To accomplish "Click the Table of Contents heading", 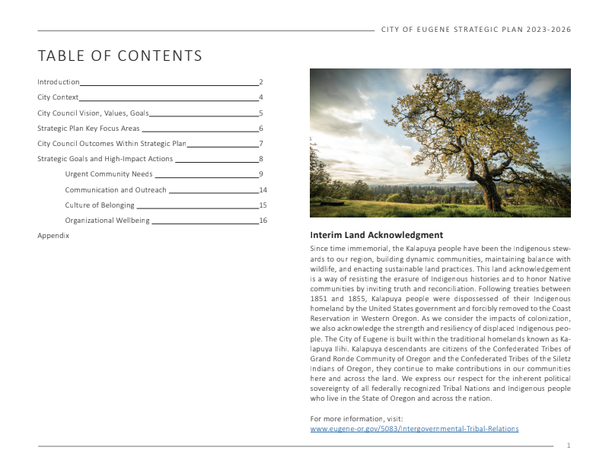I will tap(120, 56).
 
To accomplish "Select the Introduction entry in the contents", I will tap(59, 82).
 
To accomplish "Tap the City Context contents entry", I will tap(58, 97).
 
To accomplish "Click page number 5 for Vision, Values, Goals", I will tap(260, 113).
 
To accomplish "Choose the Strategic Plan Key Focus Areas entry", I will tap(88, 129).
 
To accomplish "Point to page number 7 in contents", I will tap(260, 144).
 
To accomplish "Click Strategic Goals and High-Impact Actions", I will tap(105, 159).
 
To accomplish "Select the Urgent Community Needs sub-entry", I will tap(109, 174).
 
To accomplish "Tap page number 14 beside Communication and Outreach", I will tap(263, 190).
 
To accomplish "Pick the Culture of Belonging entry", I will tap(99, 205).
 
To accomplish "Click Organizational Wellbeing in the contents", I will tap(107, 221).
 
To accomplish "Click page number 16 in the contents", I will tap(263, 221).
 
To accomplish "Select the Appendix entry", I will tap(53, 236).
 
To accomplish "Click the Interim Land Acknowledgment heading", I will tap(376, 235).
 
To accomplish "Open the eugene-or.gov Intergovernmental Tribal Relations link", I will tap(414, 429).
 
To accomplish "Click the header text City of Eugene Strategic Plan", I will tap(476, 30).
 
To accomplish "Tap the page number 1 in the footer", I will tap(568, 446).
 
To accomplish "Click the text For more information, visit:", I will tap(356, 419).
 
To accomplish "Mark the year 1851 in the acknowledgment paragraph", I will tap(320, 300).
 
